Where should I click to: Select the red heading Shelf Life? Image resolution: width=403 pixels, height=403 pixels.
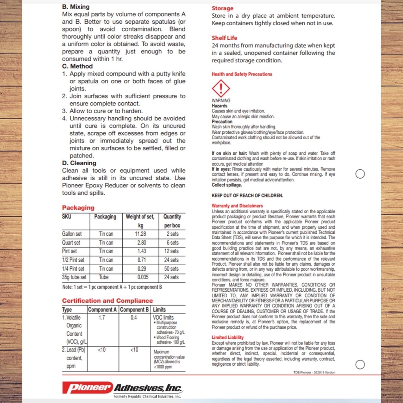coord(224,38)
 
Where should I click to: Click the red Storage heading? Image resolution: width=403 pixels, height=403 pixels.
coord(222,8)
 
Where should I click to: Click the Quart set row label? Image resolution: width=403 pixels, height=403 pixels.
coord(71,242)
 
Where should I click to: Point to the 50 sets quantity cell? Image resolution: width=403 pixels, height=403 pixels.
coord(172,269)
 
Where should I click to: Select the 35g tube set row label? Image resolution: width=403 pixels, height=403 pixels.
coord(74,277)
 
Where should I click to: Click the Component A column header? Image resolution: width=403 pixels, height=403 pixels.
coord(102,310)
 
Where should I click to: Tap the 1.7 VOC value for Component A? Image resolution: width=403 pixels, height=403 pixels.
coord(102,318)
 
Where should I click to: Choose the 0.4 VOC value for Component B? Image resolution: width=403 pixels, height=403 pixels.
coord(134,318)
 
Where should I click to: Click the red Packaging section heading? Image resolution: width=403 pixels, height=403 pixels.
coord(78,207)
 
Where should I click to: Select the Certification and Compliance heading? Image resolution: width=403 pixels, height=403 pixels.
coord(107,301)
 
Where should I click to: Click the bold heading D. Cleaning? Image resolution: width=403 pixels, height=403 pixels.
coord(79,163)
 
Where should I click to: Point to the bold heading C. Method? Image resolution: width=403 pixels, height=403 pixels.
coord(78,66)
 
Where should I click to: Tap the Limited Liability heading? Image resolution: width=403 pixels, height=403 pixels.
coord(227,337)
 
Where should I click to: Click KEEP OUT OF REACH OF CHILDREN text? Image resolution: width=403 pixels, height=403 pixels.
coord(247,195)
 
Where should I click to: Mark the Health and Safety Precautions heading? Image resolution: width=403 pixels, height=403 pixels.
coord(242,74)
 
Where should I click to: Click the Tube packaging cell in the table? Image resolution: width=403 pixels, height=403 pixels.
coord(106,277)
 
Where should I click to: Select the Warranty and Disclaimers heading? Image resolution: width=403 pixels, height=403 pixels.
coord(237,205)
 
